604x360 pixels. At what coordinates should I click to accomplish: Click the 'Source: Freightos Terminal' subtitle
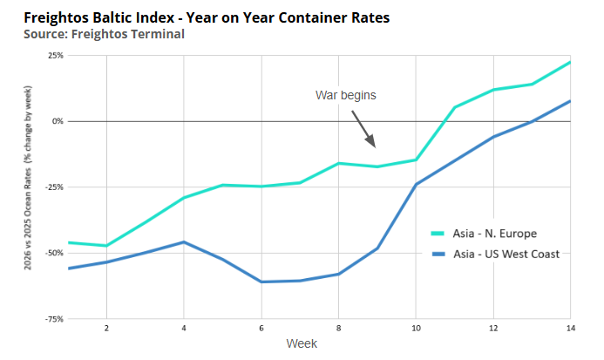104,34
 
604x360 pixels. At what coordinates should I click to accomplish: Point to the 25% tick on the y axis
55,55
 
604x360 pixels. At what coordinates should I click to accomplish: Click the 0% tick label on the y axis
57,121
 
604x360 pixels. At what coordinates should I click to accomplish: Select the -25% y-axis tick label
53,187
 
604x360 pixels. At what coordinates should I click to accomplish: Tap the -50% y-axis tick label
53,253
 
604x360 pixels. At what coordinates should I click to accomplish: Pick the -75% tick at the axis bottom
53,319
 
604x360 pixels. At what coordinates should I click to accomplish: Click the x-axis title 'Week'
302,343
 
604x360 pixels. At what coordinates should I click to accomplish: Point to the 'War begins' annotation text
345,95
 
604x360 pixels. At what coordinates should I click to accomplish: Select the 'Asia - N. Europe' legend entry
494,234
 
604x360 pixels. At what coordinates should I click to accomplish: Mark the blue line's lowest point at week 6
261,282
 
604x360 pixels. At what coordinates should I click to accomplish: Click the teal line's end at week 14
569,62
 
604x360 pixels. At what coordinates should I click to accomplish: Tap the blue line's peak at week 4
183,241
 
